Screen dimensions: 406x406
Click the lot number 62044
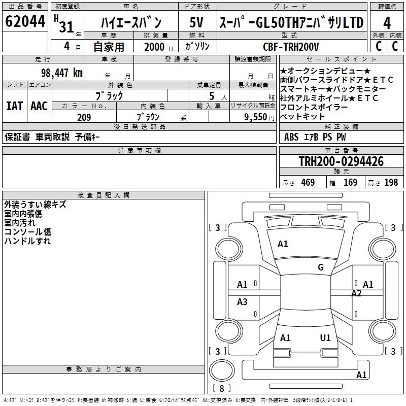[x=25, y=21]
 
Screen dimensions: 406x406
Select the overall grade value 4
[x=387, y=23]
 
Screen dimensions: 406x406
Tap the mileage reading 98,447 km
[x=61, y=73]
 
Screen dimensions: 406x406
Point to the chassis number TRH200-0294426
[x=341, y=161]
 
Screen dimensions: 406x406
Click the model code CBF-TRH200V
[x=291, y=47]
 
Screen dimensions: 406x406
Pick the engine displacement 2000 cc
[x=159, y=47]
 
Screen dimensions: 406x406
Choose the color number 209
[x=84, y=117]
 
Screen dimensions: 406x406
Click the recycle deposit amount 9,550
[x=255, y=117]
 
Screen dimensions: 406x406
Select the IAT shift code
[x=14, y=106]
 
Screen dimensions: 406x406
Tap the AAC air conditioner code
[x=39, y=106]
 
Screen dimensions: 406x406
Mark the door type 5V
[x=196, y=22]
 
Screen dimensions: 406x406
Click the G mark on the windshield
[x=321, y=267]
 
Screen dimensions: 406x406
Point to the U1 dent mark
[x=325, y=337]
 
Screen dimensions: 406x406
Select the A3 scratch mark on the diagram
[x=242, y=301]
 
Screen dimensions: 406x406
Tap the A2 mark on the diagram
[x=356, y=293]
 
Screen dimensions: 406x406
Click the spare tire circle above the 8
[x=222, y=370]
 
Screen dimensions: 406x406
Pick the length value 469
[x=308, y=183]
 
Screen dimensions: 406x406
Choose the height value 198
[x=391, y=183]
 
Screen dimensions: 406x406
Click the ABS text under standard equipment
[x=291, y=137]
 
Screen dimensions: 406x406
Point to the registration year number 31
[x=66, y=26]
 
